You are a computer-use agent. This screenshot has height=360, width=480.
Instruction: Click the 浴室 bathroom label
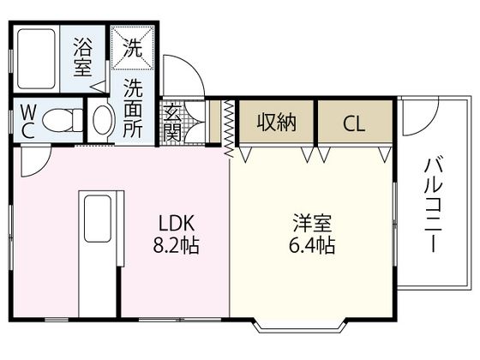pos(83,55)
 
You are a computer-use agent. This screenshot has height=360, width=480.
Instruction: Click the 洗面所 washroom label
pos(133,108)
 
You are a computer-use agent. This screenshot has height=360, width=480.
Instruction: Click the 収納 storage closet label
pos(276,123)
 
